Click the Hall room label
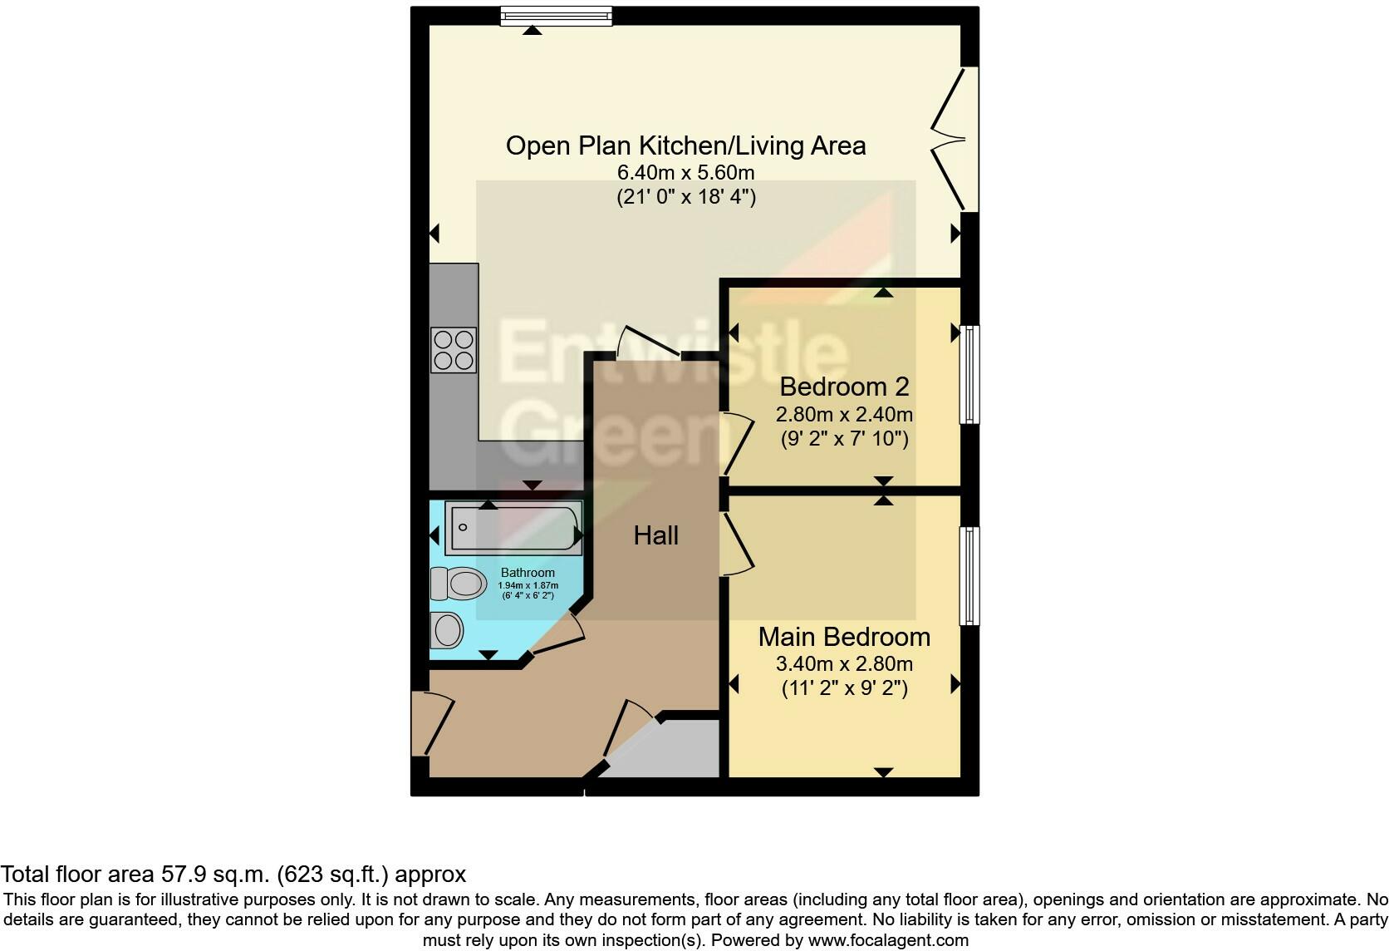point(655,535)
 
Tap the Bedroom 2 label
point(844,387)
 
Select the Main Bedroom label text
point(844,637)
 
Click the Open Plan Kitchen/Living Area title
point(685,145)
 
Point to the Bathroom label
point(528,573)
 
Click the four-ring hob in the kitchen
point(454,350)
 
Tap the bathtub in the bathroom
point(513,527)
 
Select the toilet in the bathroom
point(458,584)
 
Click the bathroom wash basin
point(447,630)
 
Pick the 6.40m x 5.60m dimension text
point(685,173)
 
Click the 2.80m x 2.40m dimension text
point(844,414)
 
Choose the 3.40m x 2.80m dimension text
point(844,664)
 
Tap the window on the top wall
point(556,16)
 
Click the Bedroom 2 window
point(969,374)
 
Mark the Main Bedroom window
point(969,575)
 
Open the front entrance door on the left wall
point(430,723)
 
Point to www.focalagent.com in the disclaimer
point(888,941)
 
